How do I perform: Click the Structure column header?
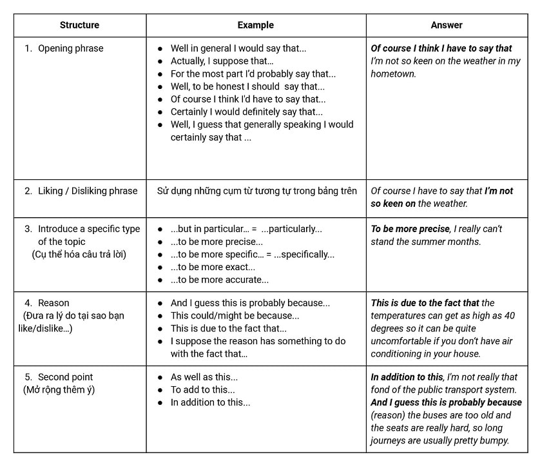(79, 25)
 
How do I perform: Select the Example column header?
(255, 25)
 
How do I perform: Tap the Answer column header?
(447, 25)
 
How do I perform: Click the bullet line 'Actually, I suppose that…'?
(222, 61)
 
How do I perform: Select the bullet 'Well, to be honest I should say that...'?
(247, 86)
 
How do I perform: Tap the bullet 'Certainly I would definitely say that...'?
(246, 112)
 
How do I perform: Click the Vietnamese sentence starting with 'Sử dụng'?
(256, 191)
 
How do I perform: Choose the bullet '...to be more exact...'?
(213, 267)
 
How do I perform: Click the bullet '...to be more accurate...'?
(219, 280)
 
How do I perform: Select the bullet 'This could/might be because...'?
(235, 316)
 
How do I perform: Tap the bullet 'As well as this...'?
(204, 377)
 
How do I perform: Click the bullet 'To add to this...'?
(202, 390)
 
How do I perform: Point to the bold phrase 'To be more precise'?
(410, 229)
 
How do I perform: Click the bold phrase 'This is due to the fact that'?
(425, 303)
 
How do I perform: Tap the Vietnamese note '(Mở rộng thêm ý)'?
(59, 390)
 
